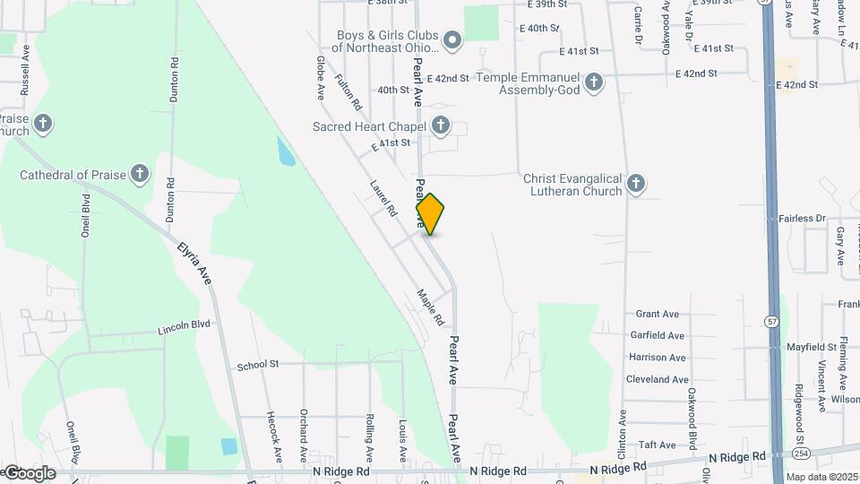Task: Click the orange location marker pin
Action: pos(430,213)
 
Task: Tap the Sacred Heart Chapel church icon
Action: pos(441,126)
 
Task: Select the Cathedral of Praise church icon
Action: pos(139,174)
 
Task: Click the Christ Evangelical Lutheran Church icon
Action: pos(635,185)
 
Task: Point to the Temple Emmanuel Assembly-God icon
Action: pos(593,84)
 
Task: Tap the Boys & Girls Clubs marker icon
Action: pos(452,40)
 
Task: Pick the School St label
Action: pos(258,366)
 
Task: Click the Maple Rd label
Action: pos(431,307)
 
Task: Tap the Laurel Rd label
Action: pos(383,198)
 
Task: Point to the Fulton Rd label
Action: pos(348,91)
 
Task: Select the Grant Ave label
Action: pos(657,314)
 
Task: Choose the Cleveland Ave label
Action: pos(657,380)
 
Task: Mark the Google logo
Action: pos(30,473)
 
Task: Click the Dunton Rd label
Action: pos(172,81)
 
